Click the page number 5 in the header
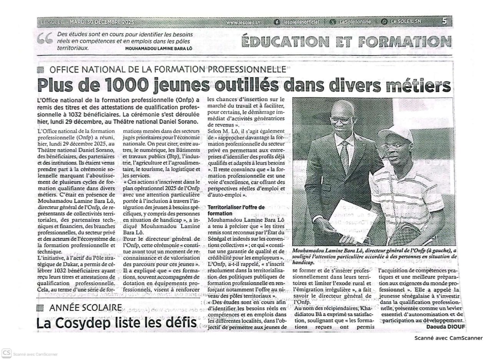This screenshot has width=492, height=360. point(444,22)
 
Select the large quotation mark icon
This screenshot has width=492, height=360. point(45,38)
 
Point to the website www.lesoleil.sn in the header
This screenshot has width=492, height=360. point(243,22)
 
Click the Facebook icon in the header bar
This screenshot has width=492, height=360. point(277,22)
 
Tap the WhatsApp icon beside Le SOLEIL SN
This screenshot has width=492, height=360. point(384,22)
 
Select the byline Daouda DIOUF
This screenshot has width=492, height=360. point(445,327)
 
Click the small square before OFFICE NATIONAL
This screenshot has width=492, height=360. point(40,70)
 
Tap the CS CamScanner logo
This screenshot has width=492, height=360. point(6,353)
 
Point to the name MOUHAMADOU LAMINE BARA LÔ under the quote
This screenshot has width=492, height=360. point(158,48)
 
